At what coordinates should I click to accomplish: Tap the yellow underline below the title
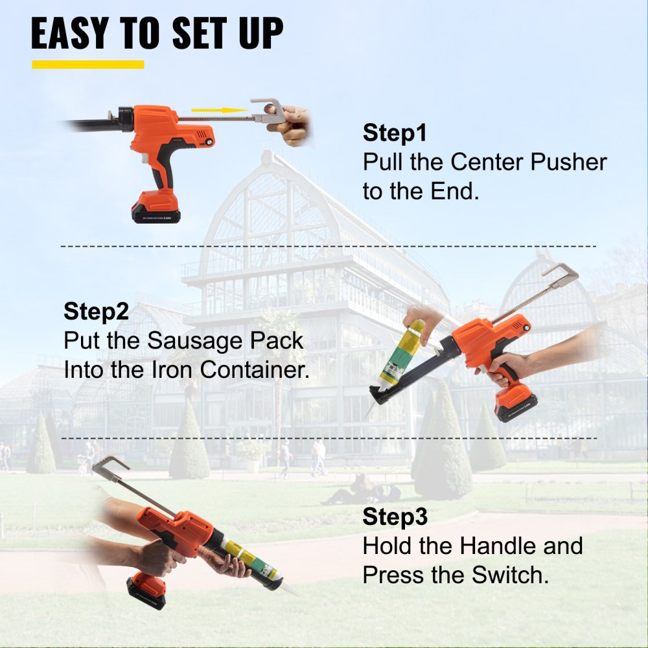point(87,64)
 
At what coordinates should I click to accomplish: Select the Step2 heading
point(96,311)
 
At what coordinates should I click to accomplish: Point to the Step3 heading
point(395,517)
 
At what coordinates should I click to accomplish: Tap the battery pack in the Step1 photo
point(156,208)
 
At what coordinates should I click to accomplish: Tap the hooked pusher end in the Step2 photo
point(561,272)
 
